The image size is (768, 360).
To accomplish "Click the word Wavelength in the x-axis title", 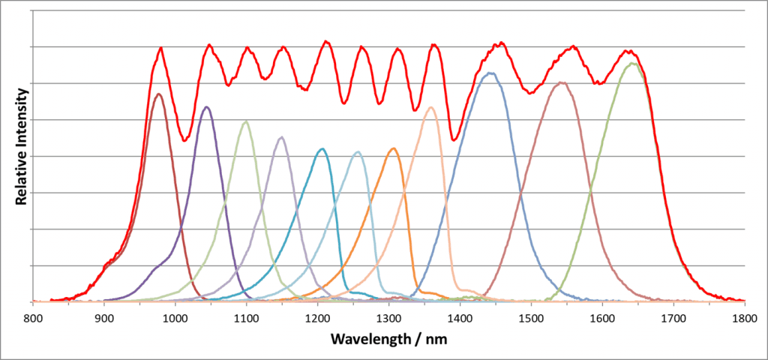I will point(370,339).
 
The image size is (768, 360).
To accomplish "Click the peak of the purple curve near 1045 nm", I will point(207,107).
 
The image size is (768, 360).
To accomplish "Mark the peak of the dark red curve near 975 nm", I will point(158,94).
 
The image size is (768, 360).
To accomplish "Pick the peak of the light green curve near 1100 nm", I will point(245,121).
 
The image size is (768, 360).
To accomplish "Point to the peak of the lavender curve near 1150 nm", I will point(281,137).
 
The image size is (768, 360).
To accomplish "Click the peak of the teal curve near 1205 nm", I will point(322,148).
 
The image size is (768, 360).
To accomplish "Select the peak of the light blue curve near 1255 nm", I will point(358,152).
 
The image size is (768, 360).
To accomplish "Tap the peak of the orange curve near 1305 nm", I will point(393,148).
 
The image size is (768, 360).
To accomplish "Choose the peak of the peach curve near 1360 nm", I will point(431,107).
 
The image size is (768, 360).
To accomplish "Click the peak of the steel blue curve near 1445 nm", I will point(490,73).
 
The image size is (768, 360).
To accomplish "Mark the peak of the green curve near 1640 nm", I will point(633,63).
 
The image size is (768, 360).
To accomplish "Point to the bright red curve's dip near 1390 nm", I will point(454,139).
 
